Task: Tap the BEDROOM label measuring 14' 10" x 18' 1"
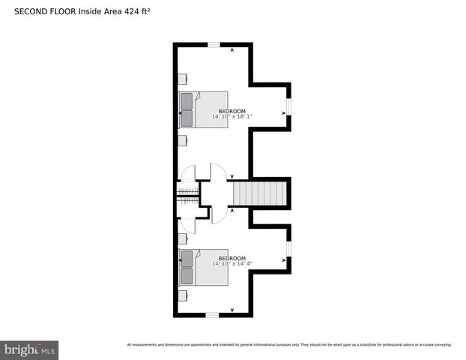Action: [x=232, y=114]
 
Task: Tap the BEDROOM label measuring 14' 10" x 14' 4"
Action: [x=232, y=261]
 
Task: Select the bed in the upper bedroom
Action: [x=203, y=109]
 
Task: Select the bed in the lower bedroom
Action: [x=203, y=268]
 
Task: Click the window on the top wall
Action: [x=214, y=45]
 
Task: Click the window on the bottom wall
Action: [x=213, y=315]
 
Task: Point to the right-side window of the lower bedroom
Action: [x=289, y=248]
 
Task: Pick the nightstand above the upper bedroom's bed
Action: [x=182, y=79]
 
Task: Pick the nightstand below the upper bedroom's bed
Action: [x=182, y=140]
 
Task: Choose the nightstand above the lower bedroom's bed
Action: [x=182, y=238]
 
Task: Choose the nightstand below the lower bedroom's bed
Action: [x=182, y=295]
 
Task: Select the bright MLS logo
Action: [x=30, y=349]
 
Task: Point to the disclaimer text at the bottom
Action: [x=289, y=345]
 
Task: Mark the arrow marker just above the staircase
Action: [x=232, y=176]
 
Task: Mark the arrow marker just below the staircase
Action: [x=232, y=211]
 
